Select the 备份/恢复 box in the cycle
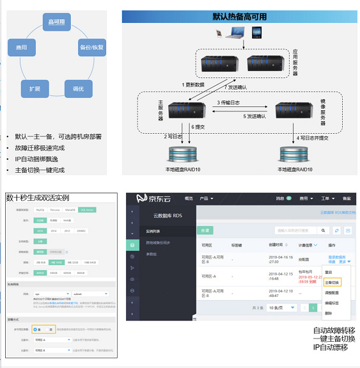click(x=91, y=47)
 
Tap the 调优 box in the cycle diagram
click(x=78, y=89)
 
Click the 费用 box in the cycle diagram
click(x=21, y=47)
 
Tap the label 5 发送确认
click(x=254, y=116)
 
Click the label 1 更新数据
click(x=193, y=85)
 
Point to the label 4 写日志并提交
click(x=313, y=137)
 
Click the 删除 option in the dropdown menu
click(x=329, y=313)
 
